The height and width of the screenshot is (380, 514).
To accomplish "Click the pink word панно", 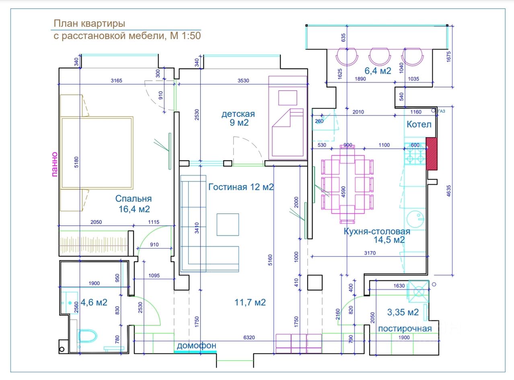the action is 54,164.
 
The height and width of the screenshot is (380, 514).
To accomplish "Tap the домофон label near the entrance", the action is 197,345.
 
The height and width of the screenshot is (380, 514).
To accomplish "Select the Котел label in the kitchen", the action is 419,124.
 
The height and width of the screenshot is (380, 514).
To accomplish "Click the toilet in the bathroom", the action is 87,336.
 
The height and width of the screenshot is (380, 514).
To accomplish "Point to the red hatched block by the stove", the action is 432,154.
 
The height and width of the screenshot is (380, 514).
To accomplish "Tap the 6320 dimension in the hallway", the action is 249,338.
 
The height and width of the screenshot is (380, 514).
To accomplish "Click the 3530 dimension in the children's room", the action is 243,81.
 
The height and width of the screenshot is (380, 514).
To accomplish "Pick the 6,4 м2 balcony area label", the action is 378,71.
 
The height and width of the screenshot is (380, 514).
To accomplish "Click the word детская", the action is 238,114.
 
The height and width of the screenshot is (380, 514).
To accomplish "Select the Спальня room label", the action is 134,199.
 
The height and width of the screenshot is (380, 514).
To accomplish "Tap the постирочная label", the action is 405,329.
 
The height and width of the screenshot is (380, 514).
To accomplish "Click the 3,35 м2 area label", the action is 403,312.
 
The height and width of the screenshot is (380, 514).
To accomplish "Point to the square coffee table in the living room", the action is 228,224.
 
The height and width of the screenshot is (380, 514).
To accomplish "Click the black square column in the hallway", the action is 315,282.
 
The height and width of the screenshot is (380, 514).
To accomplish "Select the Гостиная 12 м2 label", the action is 241,187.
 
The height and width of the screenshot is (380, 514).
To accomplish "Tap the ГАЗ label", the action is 442,111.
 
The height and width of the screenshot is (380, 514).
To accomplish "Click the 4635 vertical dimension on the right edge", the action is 449,191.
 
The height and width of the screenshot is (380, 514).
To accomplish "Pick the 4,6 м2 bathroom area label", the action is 94,302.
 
